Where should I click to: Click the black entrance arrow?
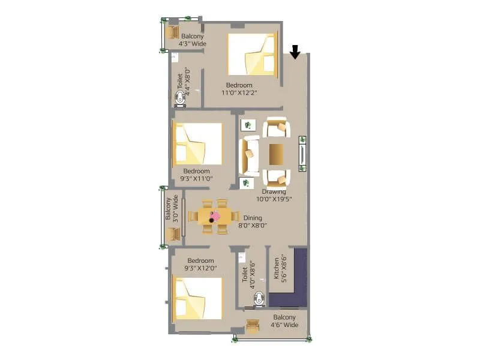(x=295, y=53)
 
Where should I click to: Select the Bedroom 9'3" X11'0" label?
(x=197, y=175)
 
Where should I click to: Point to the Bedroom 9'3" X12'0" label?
(x=200, y=265)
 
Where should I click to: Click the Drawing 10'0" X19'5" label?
(x=274, y=196)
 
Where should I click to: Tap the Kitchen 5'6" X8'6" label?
(x=280, y=266)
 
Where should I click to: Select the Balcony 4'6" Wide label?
(x=285, y=321)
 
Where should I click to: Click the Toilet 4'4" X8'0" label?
(x=183, y=85)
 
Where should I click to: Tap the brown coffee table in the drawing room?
(x=277, y=154)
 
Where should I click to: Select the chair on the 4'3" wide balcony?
(x=173, y=32)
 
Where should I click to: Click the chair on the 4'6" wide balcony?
(x=253, y=326)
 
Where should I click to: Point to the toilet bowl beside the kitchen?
(x=258, y=298)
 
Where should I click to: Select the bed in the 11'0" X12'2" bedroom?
(x=253, y=56)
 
